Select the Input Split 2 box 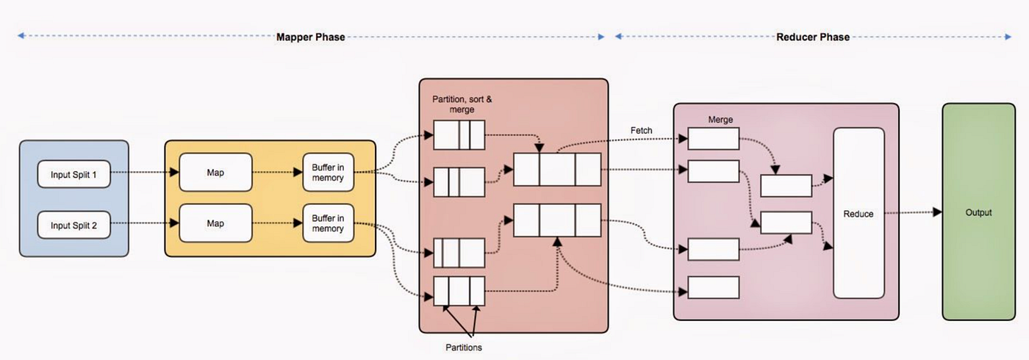[x=73, y=224]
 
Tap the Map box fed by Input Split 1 [x=215, y=173]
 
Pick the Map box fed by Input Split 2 [x=215, y=223]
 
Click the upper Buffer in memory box [x=328, y=173]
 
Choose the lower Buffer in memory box [x=328, y=223]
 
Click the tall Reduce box [x=858, y=213]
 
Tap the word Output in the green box [x=978, y=212]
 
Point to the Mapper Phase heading [x=310, y=37]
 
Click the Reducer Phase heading [x=813, y=37]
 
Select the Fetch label [x=641, y=131]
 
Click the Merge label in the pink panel [x=720, y=119]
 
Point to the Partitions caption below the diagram [x=464, y=347]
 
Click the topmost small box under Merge [x=713, y=138]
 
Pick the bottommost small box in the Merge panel [x=713, y=287]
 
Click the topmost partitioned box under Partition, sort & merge [x=459, y=135]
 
